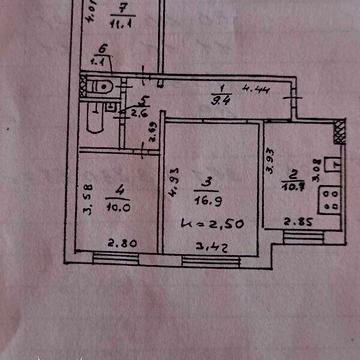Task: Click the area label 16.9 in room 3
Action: [209, 197]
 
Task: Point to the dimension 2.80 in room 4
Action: [121, 241]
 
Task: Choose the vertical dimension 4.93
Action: [173, 185]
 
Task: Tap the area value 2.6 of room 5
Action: [140, 112]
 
